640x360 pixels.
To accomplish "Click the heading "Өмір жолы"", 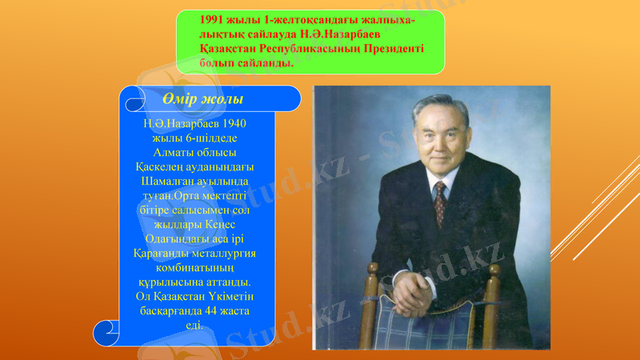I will (x=202, y=98).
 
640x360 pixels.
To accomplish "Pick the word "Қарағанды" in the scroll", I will (x=163, y=253).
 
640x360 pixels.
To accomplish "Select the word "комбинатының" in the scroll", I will (x=194, y=267).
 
